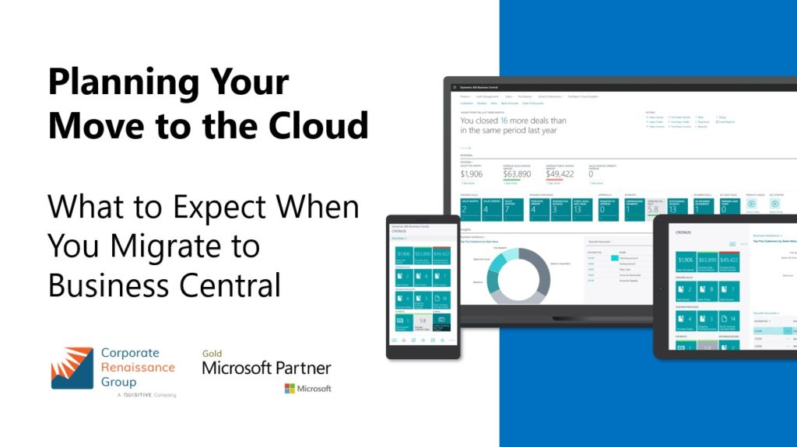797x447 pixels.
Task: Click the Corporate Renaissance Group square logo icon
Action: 72,368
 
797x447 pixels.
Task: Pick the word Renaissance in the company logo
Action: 138,367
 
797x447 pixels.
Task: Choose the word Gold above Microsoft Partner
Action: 212,353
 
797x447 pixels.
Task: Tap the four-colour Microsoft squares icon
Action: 290,388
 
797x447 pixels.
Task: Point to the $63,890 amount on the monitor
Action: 517,174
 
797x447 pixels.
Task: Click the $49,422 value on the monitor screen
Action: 559,174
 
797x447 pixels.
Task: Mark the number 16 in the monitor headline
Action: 504,121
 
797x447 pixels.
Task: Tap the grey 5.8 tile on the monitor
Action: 654,208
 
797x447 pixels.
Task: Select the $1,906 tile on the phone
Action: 403,253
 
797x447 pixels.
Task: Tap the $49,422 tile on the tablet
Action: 729,260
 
